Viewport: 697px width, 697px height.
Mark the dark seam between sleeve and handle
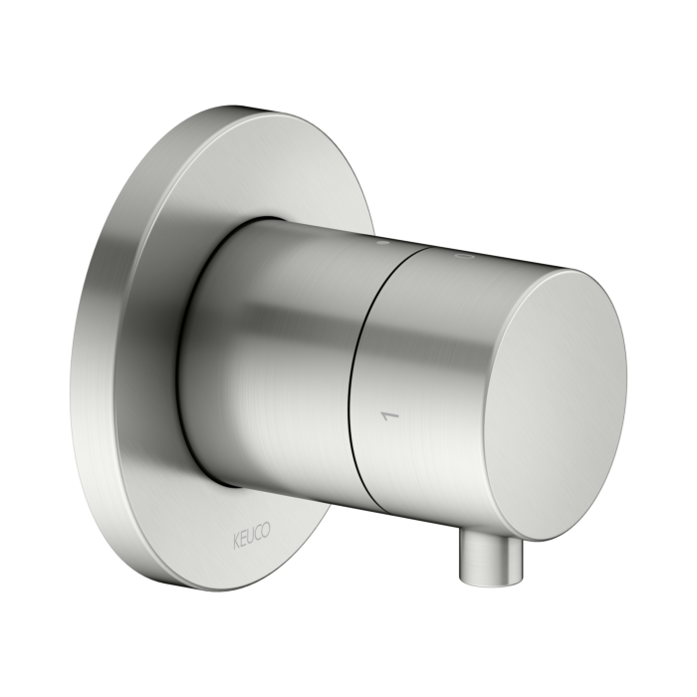360,368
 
